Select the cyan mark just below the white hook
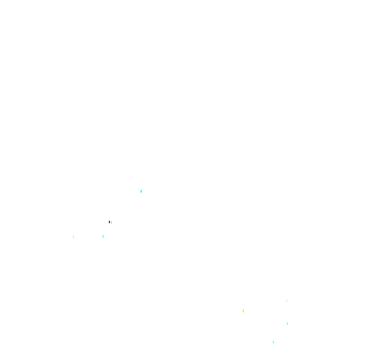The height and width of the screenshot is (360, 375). pyautogui.click(x=141, y=191)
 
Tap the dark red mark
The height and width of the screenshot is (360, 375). pyautogui.click(x=110, y=222)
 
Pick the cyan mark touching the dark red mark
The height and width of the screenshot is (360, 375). pyautogui.click(x=111, y=222)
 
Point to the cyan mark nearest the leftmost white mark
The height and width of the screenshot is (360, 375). pyautogui.click(x=103, y=237)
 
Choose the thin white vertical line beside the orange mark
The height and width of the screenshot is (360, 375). pyautogui.click(x=239, y=306)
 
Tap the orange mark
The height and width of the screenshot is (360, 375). pyautogui.click(x=243, y=311)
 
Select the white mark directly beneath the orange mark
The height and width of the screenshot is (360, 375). pyautogui.click(x=243, y=313)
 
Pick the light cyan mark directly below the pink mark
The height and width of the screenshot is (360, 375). pyautogui.click(x=287, y=324)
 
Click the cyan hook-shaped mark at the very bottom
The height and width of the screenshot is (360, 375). pyautogui.click(x=273, y=342)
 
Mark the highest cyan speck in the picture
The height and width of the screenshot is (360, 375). pyautogui.click(x=141, y=191)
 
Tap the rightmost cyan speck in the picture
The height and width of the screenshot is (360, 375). pyautogui.click(x=287, y=324)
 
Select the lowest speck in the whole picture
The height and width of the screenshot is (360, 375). pyautogui.click(x=273, y=342)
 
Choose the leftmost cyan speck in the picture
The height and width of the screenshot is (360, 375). pyautogui.click(x=103, y=237)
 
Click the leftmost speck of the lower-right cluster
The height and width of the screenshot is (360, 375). pyautogui.click(x=239, y=306)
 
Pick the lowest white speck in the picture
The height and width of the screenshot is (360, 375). pyautogui.click(x=243, y=313)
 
